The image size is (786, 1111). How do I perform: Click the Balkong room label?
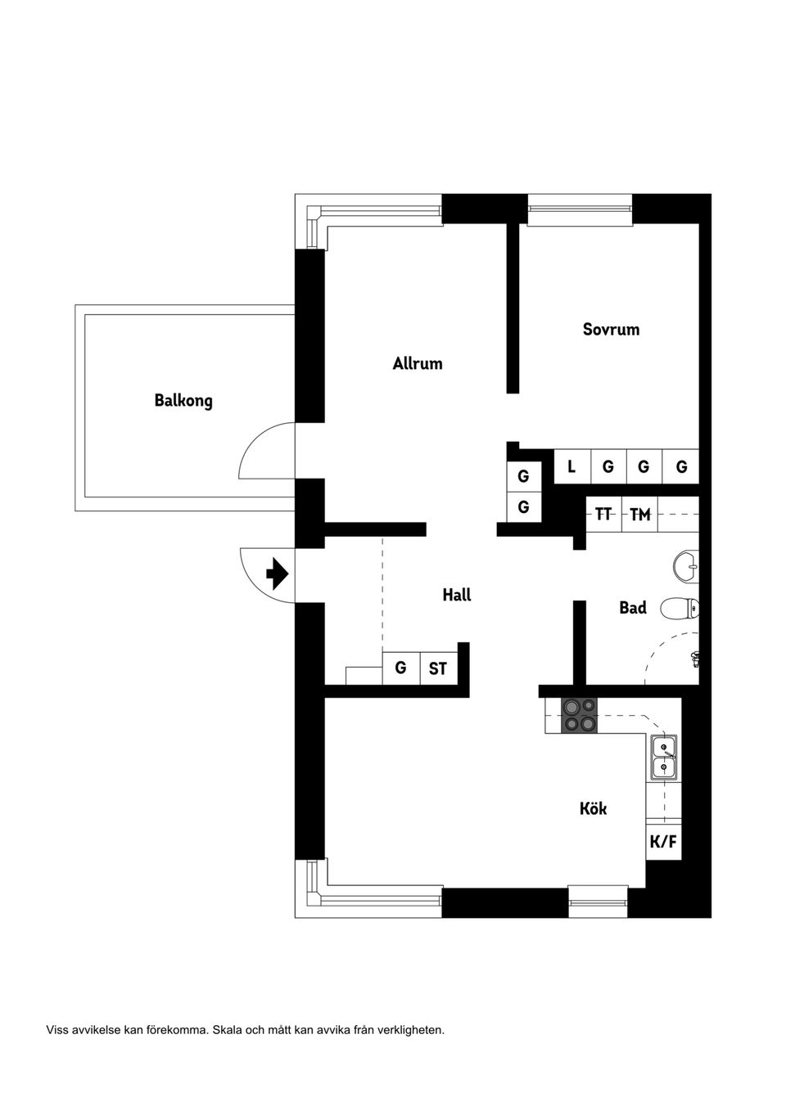coord(183,401)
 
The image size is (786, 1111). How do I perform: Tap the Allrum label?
coord(417,363)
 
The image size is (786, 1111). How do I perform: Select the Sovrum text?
coord(611,330)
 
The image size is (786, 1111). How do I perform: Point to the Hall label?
coord(456,595)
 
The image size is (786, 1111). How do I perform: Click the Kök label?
coord(593,808)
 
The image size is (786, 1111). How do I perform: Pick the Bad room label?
coord(632,608)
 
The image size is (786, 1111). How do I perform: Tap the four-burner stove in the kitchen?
coord(580,715)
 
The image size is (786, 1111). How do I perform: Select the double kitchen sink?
coord(663,758)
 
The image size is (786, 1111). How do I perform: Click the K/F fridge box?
coord(663,841)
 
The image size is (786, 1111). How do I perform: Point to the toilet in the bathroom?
coord(679,608)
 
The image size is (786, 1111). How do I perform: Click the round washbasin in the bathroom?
coord(685,564)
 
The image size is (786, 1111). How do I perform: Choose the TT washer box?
coord(603,515)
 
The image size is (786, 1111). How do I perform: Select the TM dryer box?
coord(639,515)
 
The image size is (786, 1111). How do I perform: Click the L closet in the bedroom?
coord(571,467)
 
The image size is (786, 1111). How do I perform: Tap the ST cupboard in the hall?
coord(438,668)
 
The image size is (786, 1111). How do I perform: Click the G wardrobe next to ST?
coord(400,668)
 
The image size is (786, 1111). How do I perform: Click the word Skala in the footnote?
coord(228,1030)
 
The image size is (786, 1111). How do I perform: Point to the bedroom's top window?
coord(580,209)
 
